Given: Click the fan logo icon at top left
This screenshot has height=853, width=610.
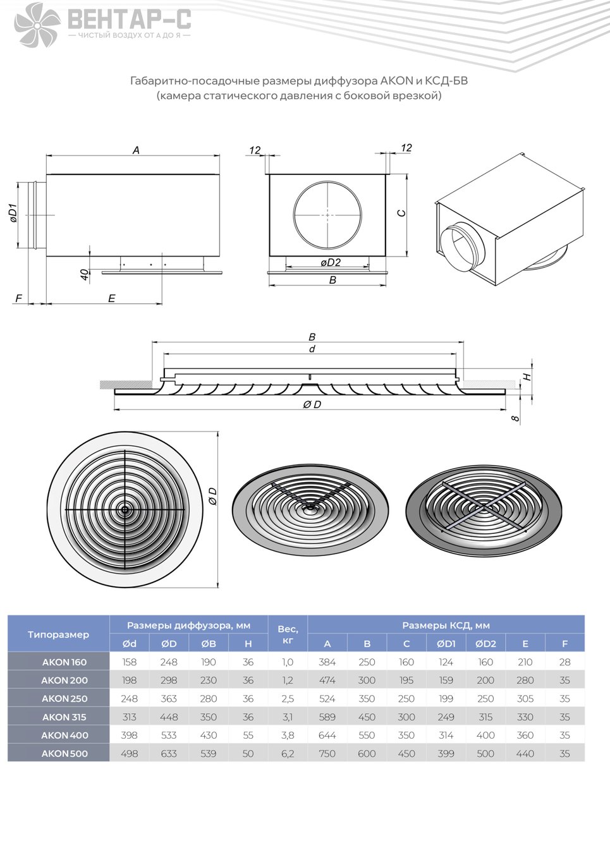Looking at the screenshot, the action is coord(37,25).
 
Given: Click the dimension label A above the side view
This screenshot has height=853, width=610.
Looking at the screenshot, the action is coord(136,150).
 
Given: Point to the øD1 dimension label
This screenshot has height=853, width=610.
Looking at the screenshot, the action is coord(13,214).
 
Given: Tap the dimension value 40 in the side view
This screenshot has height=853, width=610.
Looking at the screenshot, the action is coord(85,274).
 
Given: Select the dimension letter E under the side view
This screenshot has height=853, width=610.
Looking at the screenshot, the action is coord(111,298).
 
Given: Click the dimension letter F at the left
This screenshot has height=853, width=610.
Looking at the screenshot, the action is coord(19,298).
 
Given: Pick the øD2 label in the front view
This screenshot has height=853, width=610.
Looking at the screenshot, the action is coord(331,262).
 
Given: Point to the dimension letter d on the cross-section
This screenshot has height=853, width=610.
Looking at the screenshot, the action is coord(312,349).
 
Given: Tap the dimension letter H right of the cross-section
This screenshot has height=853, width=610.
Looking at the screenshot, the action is coord(527,377).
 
